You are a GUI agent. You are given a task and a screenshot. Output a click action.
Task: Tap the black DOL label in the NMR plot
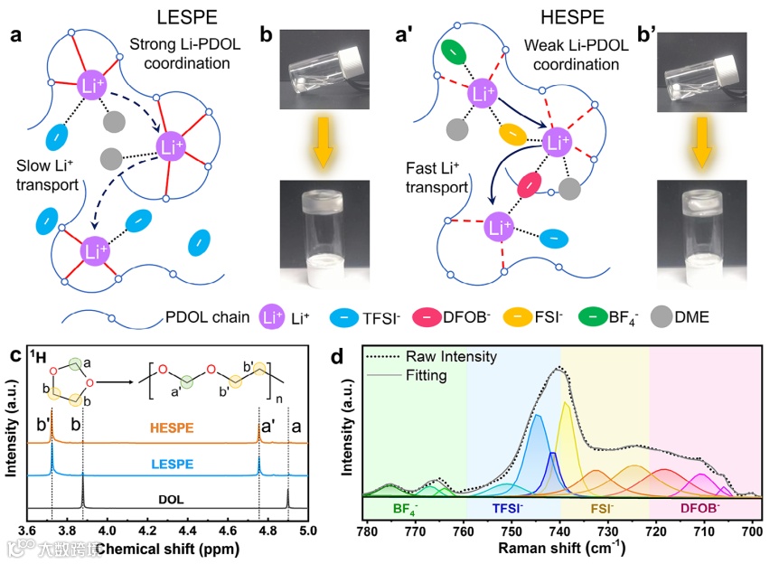coord(173,496)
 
